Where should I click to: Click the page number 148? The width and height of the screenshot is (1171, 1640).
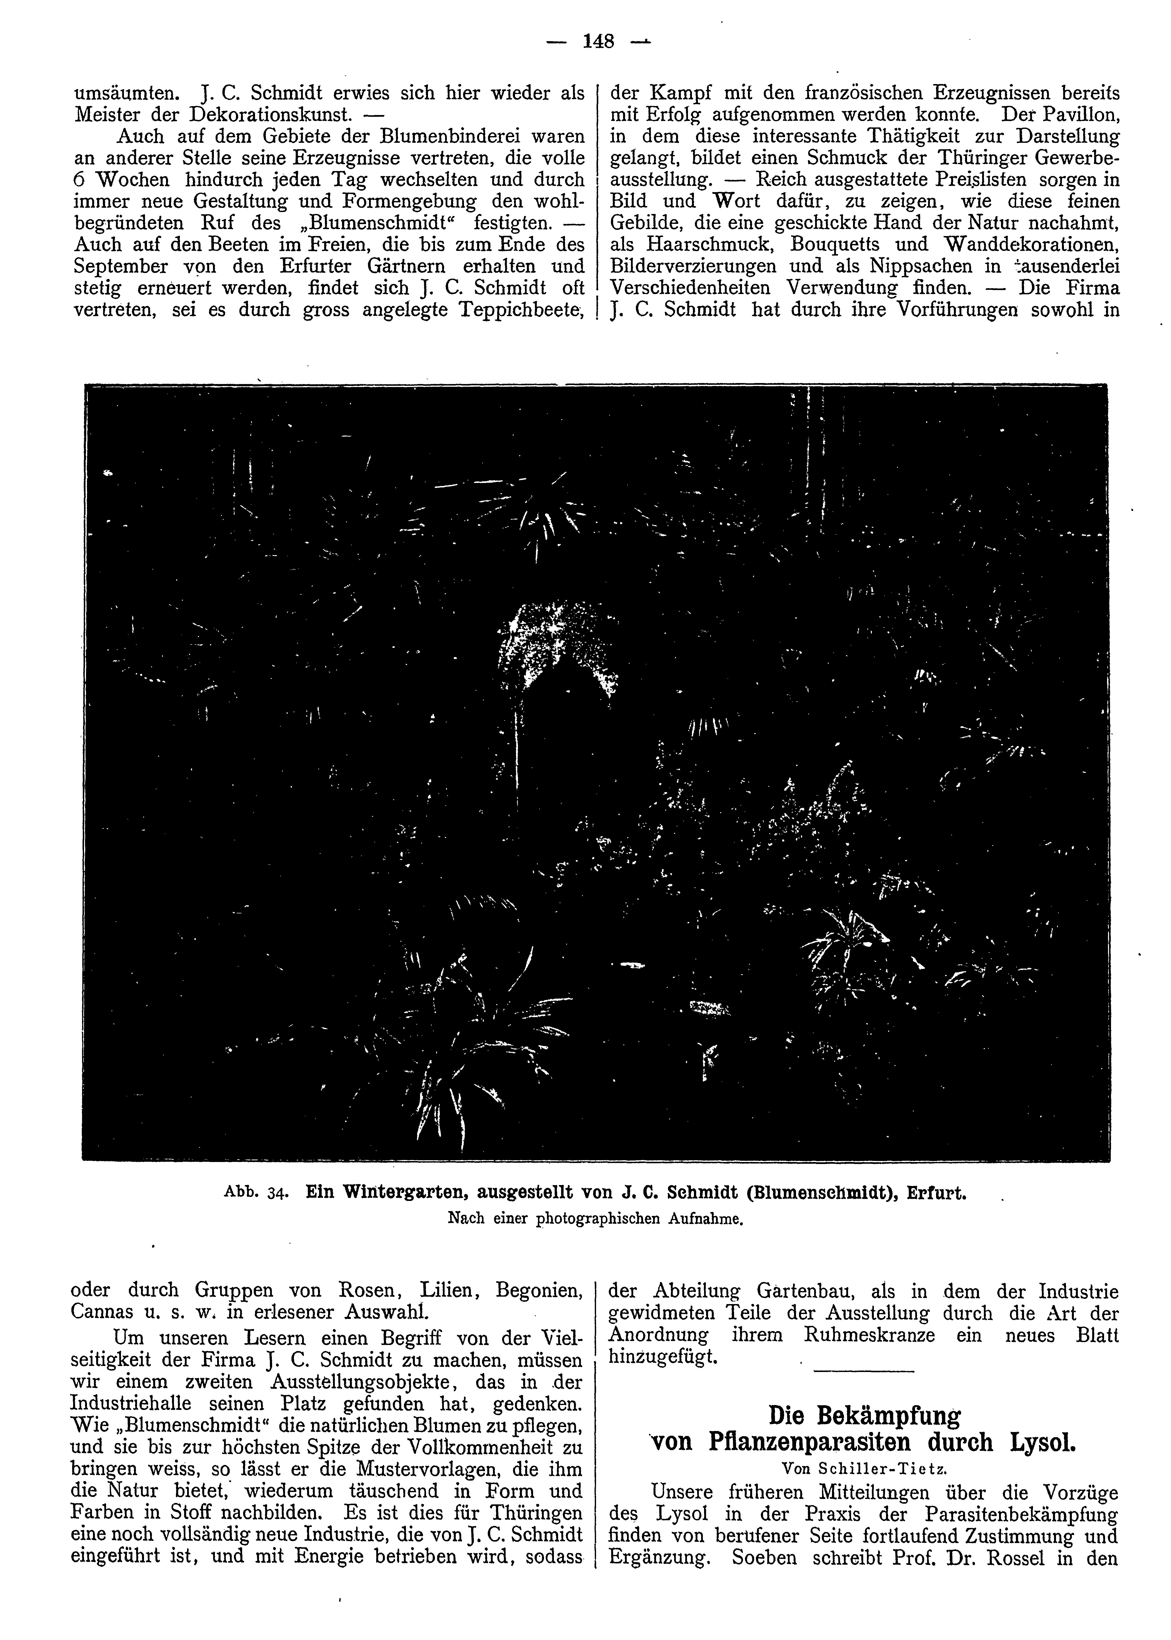point(598,42)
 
